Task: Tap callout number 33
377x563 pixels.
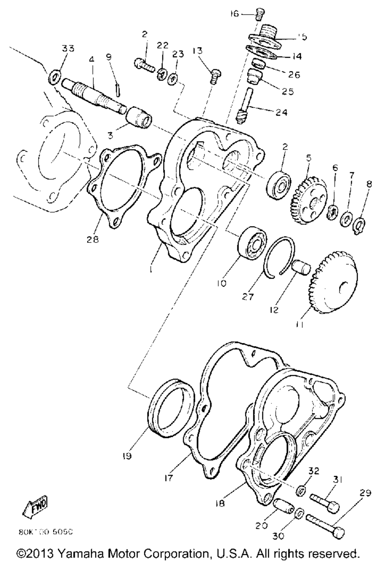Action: (x=68, y=49)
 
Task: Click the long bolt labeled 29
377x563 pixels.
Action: (x=326, y=525)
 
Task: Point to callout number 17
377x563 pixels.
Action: (x=168, y=478)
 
